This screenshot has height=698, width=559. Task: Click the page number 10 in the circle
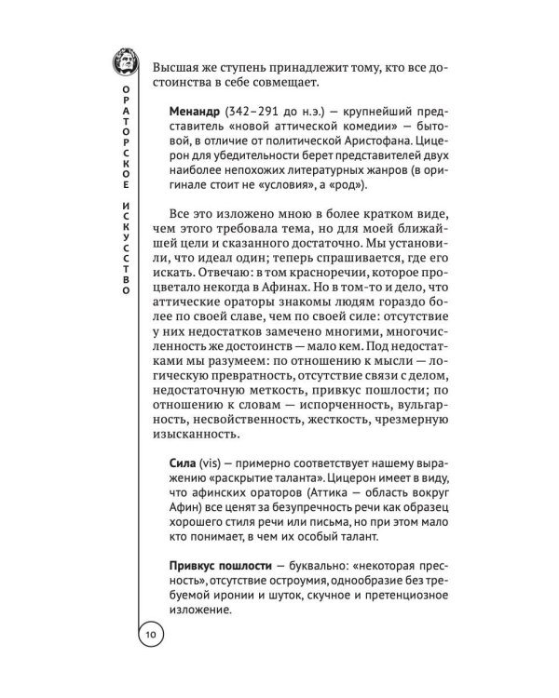pyautogui.click(x=151, y=635)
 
